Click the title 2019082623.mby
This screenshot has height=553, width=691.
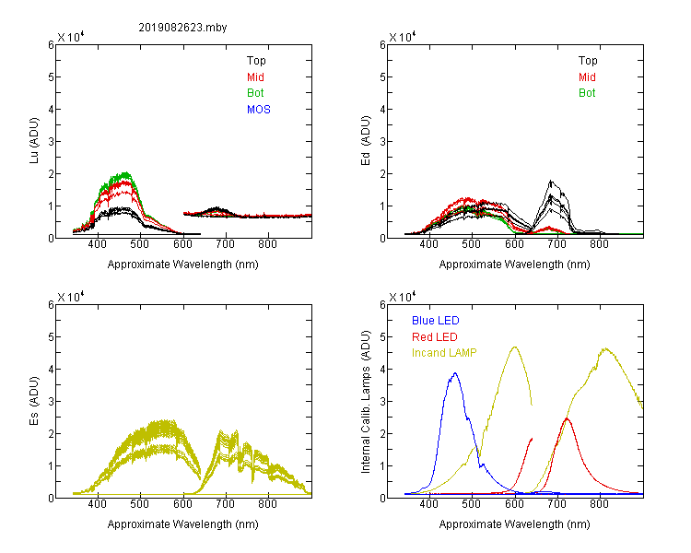coord(182,28)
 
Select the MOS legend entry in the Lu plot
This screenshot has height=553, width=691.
coord(259,110)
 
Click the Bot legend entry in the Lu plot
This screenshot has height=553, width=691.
coord(255,93)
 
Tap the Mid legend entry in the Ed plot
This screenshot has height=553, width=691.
coord(587,77)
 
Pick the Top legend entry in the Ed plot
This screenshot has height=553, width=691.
coord(588,61)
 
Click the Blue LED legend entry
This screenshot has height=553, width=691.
coord(436,321)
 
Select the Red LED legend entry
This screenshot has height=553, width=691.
coord(435,337)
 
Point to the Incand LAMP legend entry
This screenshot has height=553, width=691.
coord(444,353)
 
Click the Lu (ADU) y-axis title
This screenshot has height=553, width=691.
coord(34,141)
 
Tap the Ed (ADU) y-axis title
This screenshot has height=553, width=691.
coord(366,141)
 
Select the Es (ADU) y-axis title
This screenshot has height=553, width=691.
coord(34,401)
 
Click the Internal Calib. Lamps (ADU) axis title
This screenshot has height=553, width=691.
coord(366,402)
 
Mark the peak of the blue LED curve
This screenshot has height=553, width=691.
coord(455,373)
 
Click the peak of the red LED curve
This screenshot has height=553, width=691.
coord(567,418)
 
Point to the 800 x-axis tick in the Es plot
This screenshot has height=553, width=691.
coord(267,504)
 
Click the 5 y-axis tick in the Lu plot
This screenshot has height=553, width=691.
coord(51,77)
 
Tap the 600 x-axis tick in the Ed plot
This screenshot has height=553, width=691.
coord(514,244)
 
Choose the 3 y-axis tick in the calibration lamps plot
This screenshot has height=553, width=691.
coord(382,402)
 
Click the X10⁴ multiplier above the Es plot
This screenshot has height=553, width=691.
coord(71,297)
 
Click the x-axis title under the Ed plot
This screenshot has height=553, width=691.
coord(514,265)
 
